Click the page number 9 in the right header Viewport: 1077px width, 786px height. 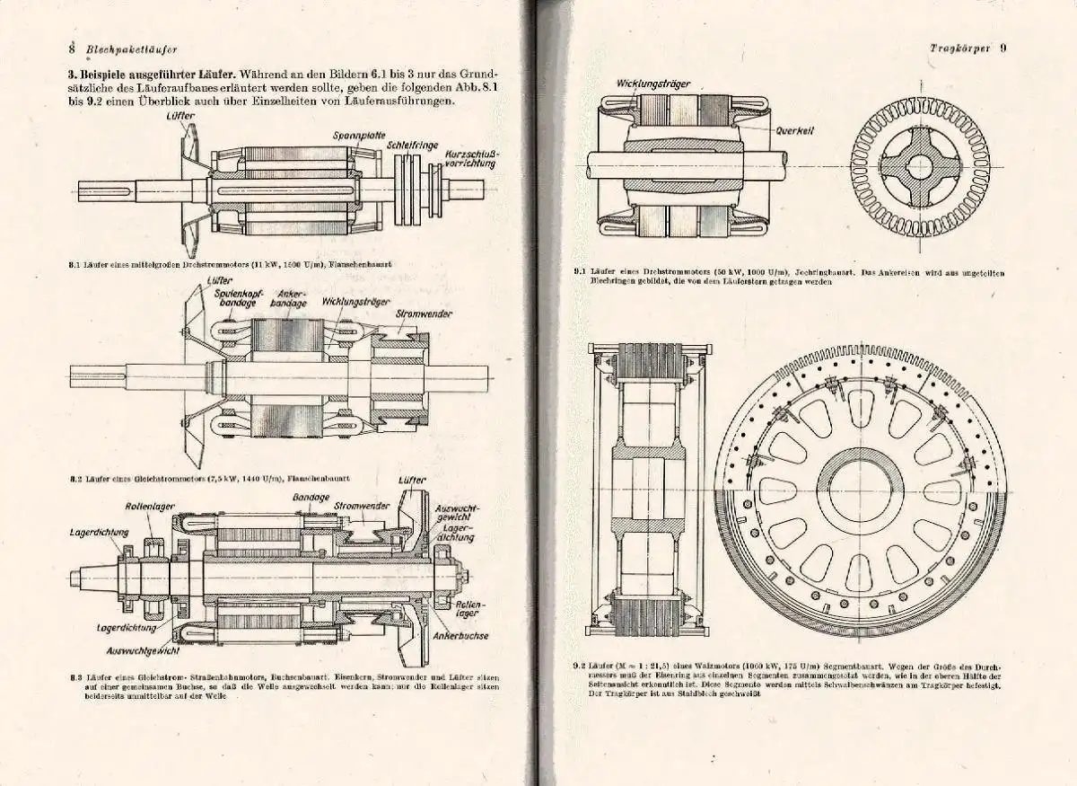(1003, 49)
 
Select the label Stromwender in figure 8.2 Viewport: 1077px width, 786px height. (422, 314)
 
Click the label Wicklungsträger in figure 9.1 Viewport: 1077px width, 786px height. (652, 84)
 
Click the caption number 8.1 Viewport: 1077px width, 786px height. (74, 265)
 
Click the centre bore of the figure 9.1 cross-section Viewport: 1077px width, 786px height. (920, 166)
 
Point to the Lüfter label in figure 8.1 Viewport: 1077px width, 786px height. (180, 116)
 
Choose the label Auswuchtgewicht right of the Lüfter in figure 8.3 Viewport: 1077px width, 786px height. (457, 513)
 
